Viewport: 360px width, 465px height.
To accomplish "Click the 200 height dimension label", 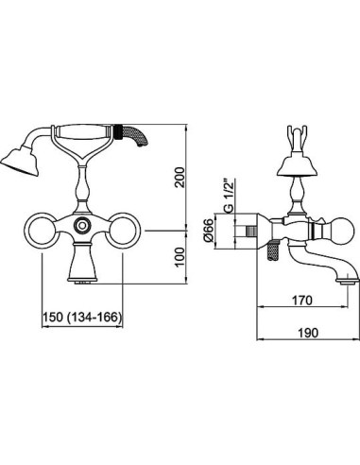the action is pyautogui.click(x=180, y=178).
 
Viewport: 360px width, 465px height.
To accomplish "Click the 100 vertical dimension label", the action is pyautogui.click(x=180, y=257).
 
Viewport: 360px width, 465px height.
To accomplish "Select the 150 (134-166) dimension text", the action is pyautogui.click(x=82, y=317).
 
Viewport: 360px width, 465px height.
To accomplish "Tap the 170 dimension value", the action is pyautogui.click(x=302, y=301).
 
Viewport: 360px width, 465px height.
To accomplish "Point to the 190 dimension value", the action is pyautogui.click(x=308, y=333).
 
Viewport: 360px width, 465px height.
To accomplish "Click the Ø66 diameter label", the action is pyautogui.click(x=209, y=232).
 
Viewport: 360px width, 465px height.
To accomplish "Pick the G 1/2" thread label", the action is pyautogui.click(x=230, y=195).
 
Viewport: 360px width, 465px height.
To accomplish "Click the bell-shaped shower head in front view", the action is pyautogui.click(x=21, y=161).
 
